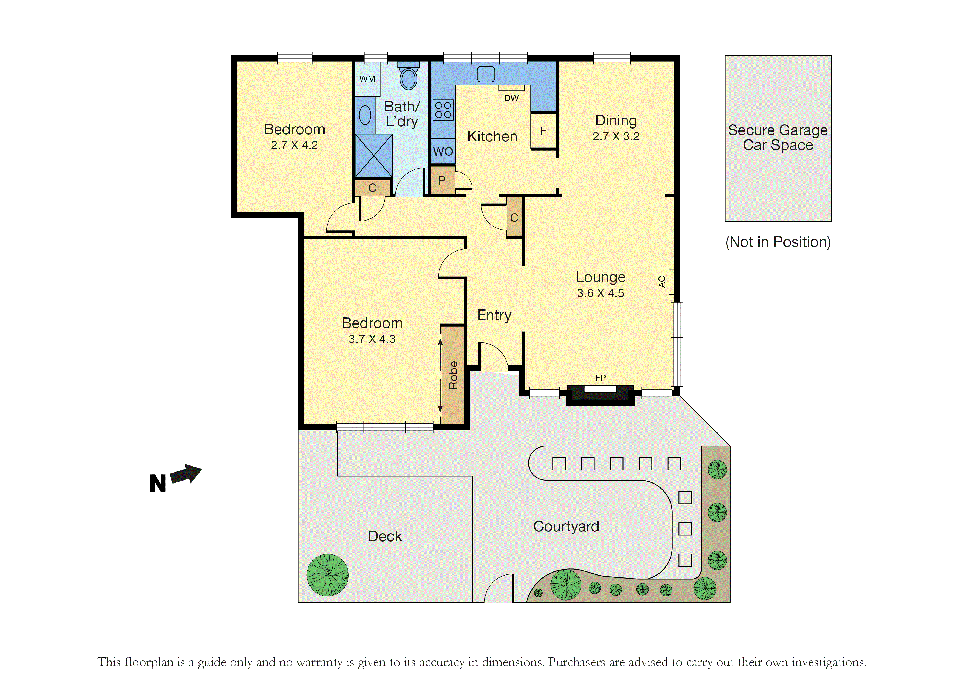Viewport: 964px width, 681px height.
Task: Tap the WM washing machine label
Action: (x=367, y=79)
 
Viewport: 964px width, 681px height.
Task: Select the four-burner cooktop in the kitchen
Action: (x=443, y=110)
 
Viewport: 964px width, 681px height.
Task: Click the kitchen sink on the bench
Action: (x=486, y=74)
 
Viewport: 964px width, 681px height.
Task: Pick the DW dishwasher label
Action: (x=511, y=98)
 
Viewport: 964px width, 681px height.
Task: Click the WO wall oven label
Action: (x=443, y=152)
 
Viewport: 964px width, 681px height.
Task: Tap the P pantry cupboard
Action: (x=442, y=180)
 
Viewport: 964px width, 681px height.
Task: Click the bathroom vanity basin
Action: (x=365, y=115)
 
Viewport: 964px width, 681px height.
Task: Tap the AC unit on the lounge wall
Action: (x=671, y=281)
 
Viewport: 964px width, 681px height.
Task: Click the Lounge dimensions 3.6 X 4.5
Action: (x=600, y=293)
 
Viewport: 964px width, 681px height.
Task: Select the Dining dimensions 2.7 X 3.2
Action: (x=616, y=136)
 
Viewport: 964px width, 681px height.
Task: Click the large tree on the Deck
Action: (x=328, y=575)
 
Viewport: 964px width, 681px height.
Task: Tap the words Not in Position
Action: (x=778, y=242)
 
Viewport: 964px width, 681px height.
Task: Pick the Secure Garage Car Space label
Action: (x=778, y=137)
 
